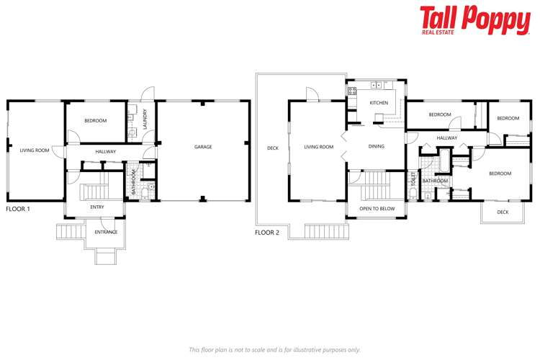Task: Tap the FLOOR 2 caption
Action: coord(267,232)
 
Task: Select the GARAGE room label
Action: coord(203,147)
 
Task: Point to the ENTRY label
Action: coord(96,207)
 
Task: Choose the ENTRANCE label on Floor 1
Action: coord(106,232)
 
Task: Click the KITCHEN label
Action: coord(379,103)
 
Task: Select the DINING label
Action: coord(376,146)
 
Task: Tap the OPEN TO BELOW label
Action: coord(377,209)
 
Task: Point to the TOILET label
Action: coord(414,179)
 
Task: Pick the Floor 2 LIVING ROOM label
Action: coord(318,147)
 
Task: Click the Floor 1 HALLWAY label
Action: coord(106,151)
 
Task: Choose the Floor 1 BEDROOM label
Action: coord(95,121)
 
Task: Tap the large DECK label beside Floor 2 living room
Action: coord(272,148)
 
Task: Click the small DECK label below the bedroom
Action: coord(503,212)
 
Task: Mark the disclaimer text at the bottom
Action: coord(274,350)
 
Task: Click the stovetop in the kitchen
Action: coord(377,86)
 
